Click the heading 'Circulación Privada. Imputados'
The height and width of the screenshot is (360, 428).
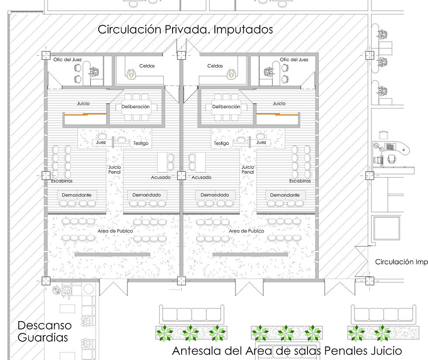(185, 30)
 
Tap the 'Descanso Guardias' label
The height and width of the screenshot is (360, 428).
(45, 331)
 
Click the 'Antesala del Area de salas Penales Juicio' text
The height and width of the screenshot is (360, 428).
(287, 351)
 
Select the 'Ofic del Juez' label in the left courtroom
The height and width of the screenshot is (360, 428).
(67, 59)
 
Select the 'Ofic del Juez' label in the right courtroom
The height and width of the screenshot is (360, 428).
(294, 59)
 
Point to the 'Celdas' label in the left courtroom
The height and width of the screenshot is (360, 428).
(147, 66)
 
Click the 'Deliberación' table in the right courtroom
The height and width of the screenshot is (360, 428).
(226, 107)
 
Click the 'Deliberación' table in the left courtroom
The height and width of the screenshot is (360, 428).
(136, 107)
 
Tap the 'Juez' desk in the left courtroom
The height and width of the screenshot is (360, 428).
(101, 142)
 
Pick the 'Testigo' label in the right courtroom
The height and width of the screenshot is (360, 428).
(221, 143)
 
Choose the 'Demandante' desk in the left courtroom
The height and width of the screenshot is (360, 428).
(77, 195)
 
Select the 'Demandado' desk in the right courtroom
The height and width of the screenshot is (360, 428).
(215, 195)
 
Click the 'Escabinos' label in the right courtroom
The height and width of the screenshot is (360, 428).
(300, 181)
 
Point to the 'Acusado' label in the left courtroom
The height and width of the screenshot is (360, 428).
(161, 177)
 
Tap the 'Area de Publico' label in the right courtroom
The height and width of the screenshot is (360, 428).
(246, 231)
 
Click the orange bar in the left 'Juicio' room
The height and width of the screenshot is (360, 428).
(85, 114)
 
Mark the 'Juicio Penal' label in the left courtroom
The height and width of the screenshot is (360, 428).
(114, 169)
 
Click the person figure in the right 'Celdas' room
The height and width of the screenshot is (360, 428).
(232, 74)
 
